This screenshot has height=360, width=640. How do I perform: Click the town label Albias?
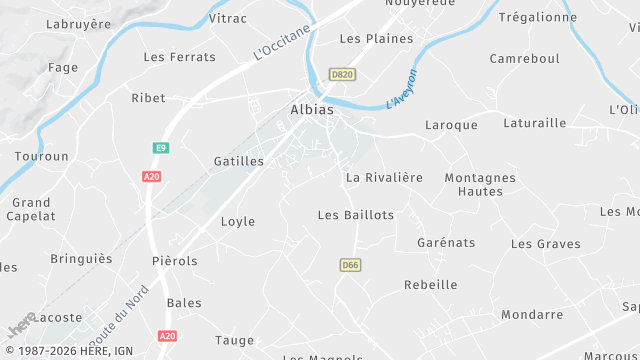point(311,109)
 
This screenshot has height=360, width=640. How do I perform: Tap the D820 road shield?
point(342,74)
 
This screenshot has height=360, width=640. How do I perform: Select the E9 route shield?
point(160,148)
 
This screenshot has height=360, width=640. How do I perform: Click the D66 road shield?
point(349,265)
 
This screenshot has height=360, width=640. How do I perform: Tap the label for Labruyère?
point(79,25)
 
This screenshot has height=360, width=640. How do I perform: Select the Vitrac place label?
point(228,18)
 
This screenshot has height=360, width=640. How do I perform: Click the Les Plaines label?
point(376,39)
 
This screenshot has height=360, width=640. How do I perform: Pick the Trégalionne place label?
point(538,17)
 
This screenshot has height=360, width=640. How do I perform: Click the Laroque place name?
point(451,125)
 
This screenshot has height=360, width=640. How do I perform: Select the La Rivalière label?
point(384,177)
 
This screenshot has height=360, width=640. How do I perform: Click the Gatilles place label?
point(239,161)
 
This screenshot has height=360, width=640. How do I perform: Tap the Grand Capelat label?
point(31,208)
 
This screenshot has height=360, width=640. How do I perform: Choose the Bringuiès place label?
point(82,259)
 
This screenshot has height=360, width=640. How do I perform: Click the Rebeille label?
point(430,285)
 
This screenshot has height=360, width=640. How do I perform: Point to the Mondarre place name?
point(532,314)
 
